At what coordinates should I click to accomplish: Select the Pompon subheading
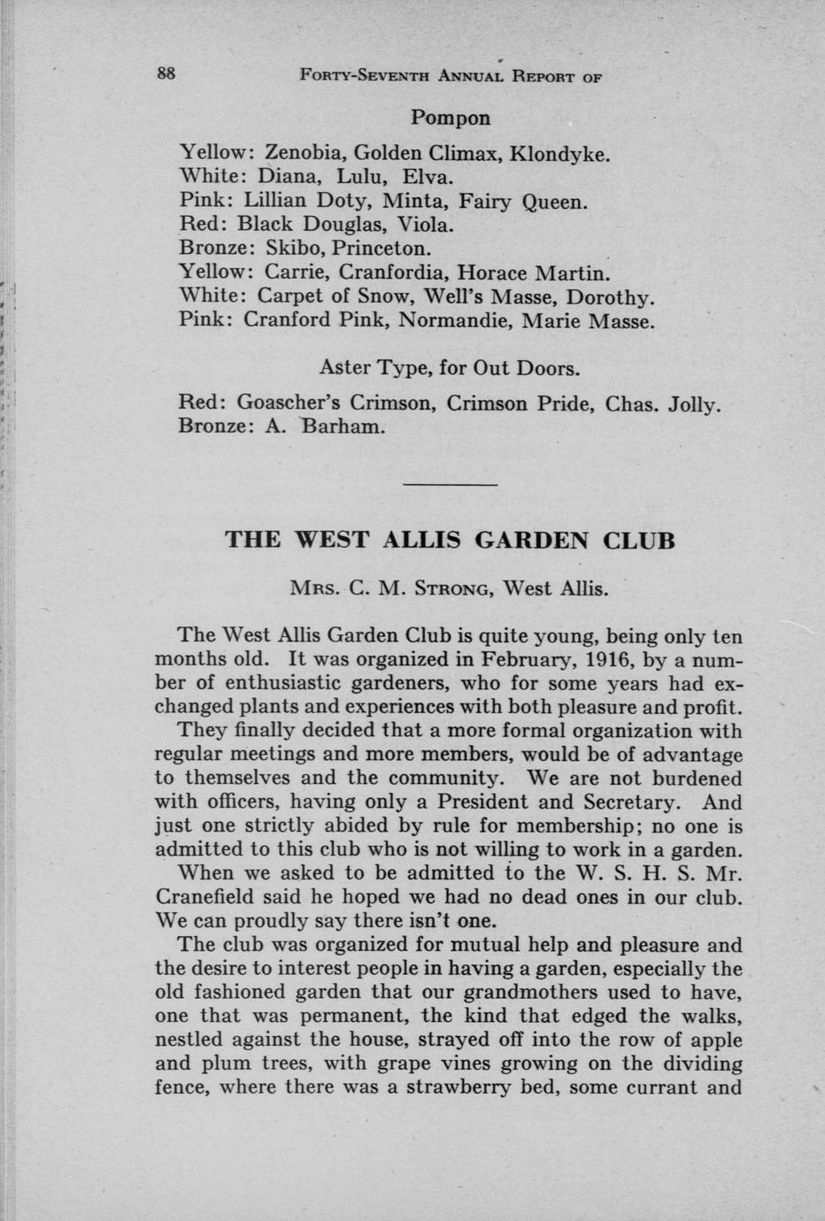451,118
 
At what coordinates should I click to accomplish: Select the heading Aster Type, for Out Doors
450,367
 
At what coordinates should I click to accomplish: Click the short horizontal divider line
451,485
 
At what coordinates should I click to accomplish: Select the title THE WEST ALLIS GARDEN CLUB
451,540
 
